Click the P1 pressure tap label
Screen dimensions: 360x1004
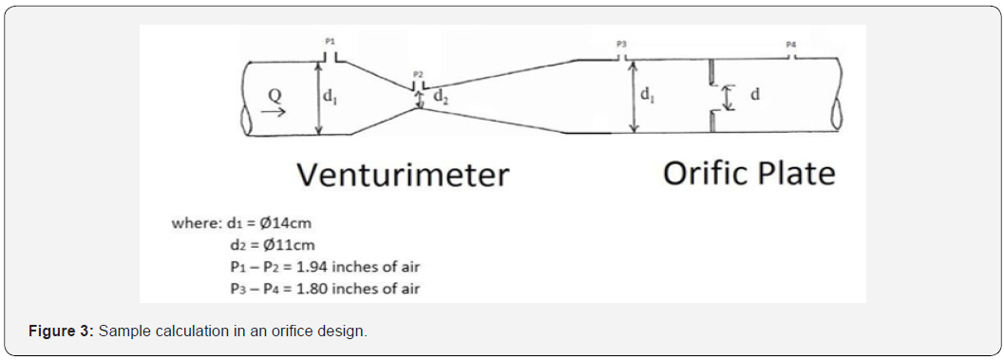(330, 42)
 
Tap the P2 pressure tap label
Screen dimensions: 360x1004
(418, 73)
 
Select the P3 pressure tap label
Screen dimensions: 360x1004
(621, 44)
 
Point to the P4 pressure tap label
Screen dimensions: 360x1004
(792, 45)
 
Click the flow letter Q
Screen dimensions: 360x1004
(274, 94)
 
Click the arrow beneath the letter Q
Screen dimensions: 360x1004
(274, 111)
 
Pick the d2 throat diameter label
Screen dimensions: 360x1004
(441, 95)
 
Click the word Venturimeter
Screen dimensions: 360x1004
(403, 175)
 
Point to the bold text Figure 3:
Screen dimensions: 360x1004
(60, 331)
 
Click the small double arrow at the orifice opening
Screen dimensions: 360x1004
(728, 97)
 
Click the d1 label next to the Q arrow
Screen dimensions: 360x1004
(328, 95)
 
